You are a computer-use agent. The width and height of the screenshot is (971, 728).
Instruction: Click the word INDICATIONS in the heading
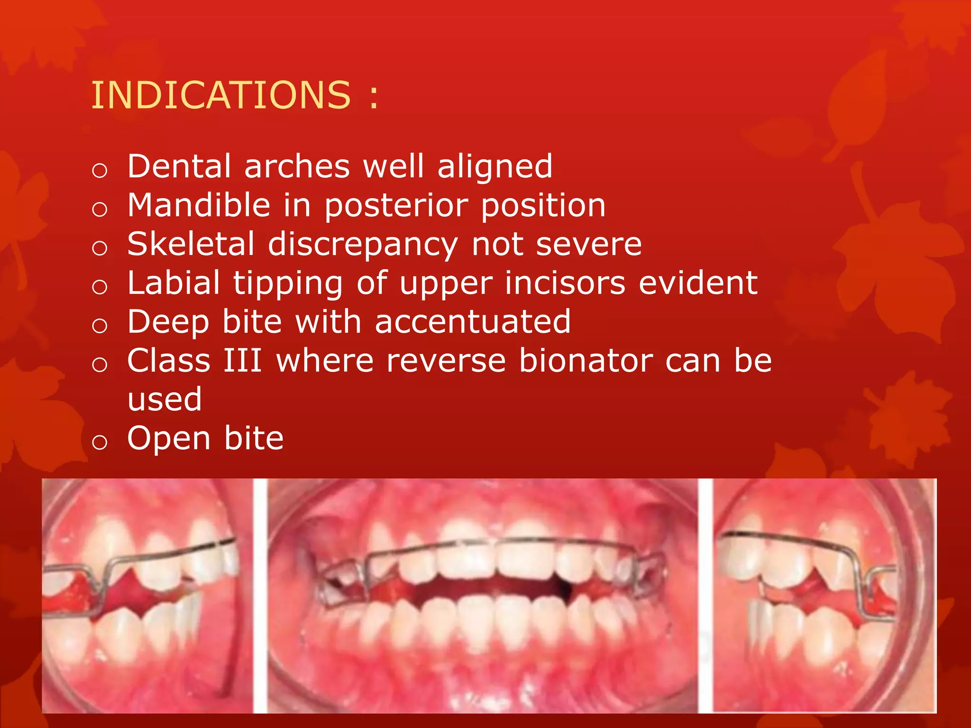coord(221,95)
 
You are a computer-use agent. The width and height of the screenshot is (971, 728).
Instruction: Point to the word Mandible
coord(199,206)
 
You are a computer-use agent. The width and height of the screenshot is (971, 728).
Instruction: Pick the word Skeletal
coord(191,245)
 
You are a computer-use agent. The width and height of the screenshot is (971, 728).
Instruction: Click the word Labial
coord(174,283)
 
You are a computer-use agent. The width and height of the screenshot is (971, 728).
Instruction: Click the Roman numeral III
coord(242,361)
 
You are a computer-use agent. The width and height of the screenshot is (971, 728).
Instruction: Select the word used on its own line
coord(165,400)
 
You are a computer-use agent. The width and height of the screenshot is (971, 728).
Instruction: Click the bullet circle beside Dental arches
coord(100,170)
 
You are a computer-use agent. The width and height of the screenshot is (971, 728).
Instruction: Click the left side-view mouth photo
coord(147,595)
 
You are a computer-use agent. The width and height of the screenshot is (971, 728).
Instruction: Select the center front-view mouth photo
coord(483,595)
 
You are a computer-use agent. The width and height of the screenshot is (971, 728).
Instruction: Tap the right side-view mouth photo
coord(824,595)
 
